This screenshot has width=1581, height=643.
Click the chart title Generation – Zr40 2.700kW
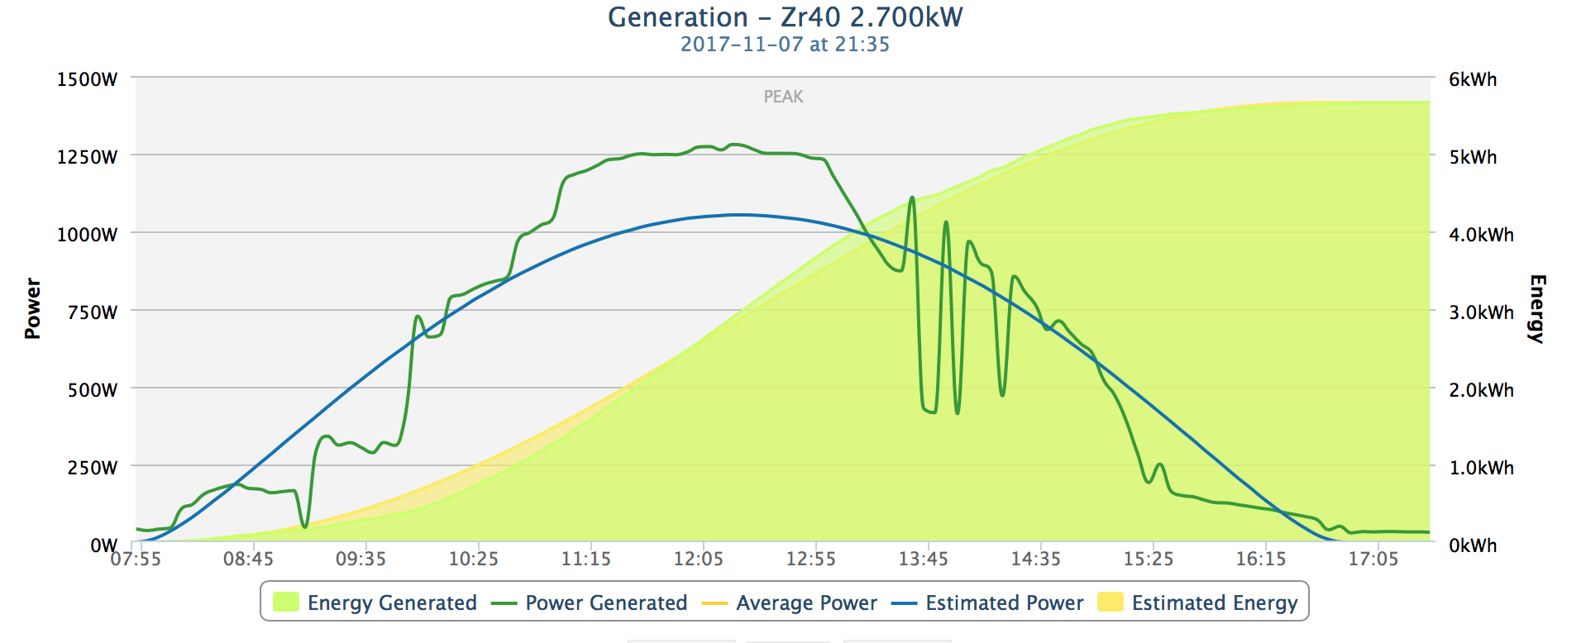click(785, 17)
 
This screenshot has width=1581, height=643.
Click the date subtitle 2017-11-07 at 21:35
click(785, 45)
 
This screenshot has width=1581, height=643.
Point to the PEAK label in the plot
click(783, 97)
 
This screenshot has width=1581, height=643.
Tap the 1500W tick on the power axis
click(87, 79)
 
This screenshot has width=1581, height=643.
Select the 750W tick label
click(92, 312)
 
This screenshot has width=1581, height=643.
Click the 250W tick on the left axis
click(92, 468)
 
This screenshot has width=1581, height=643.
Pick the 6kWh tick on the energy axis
click(1473, 79)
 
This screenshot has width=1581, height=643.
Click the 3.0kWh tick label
click(1481, 312)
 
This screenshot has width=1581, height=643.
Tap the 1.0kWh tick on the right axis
click(1481, 468)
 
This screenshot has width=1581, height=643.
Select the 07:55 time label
click(136, 560)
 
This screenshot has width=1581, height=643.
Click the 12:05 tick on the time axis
click(699, 560)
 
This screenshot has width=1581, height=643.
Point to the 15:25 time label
click(1149, 560)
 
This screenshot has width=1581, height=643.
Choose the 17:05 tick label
click(1373, 560)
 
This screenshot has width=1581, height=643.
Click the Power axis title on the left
click(32, 308)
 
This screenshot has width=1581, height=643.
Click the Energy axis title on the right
click(1536, 308)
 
